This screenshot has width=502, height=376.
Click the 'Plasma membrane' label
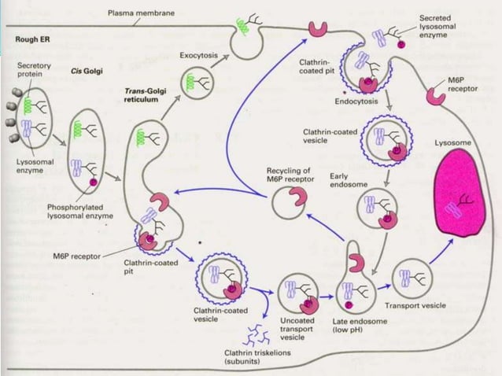pos(141,13)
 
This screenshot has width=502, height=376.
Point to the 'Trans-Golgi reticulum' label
pos(142,98)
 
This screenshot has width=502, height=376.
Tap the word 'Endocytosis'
pos(356,101)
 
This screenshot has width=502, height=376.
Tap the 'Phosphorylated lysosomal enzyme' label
pos(78,212)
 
